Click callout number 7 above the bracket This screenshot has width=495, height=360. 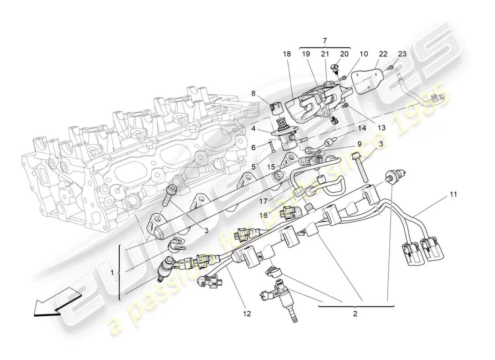coord(325,41)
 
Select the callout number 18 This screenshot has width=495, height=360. coord(287,54)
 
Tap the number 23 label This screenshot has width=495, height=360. coord(402,54)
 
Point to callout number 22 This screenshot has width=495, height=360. coord(382,54)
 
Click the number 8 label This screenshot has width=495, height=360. coord(254,94)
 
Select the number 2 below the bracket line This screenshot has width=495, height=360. coord(355,314)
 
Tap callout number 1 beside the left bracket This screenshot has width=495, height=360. coord(112,272)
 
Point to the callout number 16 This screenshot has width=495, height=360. coord(263,216)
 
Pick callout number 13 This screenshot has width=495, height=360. coord(382,128)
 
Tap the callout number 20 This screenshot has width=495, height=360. coord(344,54)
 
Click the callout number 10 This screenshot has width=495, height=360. coord(364,54)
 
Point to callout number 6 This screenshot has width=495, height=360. coord(253,147)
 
